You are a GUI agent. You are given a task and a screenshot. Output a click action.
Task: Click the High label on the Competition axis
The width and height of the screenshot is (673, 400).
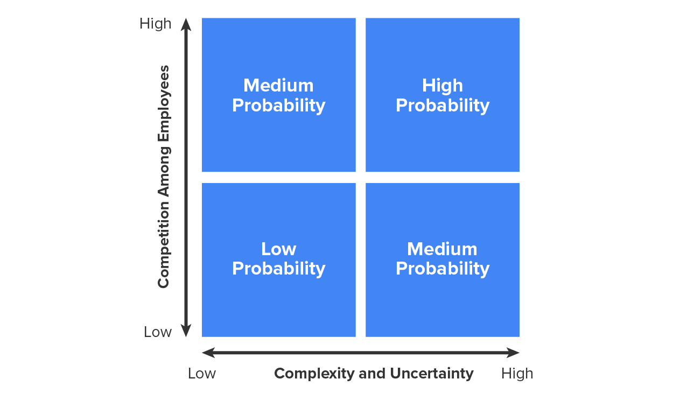[156, 24]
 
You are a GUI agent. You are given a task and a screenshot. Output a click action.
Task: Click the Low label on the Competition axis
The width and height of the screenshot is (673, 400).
[158, 332]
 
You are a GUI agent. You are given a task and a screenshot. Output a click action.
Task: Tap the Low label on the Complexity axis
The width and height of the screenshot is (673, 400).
[202, 373]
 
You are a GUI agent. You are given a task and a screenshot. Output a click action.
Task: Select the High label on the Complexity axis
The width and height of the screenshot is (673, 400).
[517, 374]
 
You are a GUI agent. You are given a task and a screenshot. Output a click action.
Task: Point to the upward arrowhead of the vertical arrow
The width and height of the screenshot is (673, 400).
[186, 24]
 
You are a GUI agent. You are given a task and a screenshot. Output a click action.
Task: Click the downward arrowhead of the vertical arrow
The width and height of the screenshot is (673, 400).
[186, 331]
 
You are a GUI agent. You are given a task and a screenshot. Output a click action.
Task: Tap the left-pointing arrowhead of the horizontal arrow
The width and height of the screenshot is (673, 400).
[208, 353]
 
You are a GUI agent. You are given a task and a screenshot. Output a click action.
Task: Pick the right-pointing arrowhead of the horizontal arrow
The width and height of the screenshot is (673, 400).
[513, 353]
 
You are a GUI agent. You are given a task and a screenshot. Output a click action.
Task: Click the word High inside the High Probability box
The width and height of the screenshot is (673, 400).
[442, 86]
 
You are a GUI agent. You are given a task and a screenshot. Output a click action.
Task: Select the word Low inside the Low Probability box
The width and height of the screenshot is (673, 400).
[278, 249]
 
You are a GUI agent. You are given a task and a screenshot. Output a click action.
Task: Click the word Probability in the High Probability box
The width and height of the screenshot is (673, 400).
[443, 106]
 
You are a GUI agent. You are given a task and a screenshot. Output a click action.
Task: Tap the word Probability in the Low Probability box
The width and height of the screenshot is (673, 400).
[278, 268]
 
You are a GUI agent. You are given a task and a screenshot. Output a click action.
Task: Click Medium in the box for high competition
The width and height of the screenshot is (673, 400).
[278, 86]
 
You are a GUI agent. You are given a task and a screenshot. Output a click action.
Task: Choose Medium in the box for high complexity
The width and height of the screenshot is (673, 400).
[442, 249]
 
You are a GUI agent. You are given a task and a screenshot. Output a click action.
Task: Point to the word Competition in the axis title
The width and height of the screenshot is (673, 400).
[164, 244]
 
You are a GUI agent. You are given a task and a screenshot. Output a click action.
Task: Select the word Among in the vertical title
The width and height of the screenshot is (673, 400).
[164, 171]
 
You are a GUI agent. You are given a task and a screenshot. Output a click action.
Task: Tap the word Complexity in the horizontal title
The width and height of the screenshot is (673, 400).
[314, 374]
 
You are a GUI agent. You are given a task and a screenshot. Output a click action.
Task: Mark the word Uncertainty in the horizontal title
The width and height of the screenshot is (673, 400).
[432, 374]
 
